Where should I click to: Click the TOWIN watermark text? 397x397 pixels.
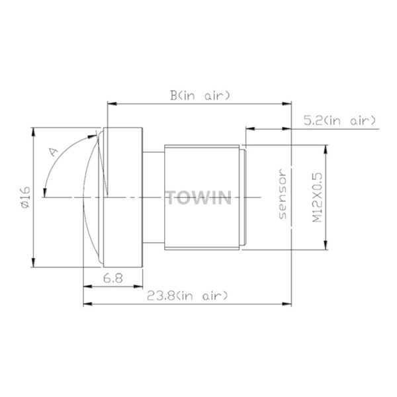(x=198, y=198)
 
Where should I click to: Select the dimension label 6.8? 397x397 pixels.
(x=113, y=279)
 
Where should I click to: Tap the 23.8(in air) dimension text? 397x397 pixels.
(x=188, y=296)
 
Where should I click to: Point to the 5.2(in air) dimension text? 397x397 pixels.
(x=340, y=120)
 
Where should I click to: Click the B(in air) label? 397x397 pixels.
(x=200, y=96)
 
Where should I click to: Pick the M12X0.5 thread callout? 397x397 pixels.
(x=317, y=197)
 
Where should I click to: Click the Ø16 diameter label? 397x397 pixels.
(x=26, y=197)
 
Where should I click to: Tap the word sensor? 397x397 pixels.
(x=283, y=194)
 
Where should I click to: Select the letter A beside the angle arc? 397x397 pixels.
(x=54, y=152)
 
